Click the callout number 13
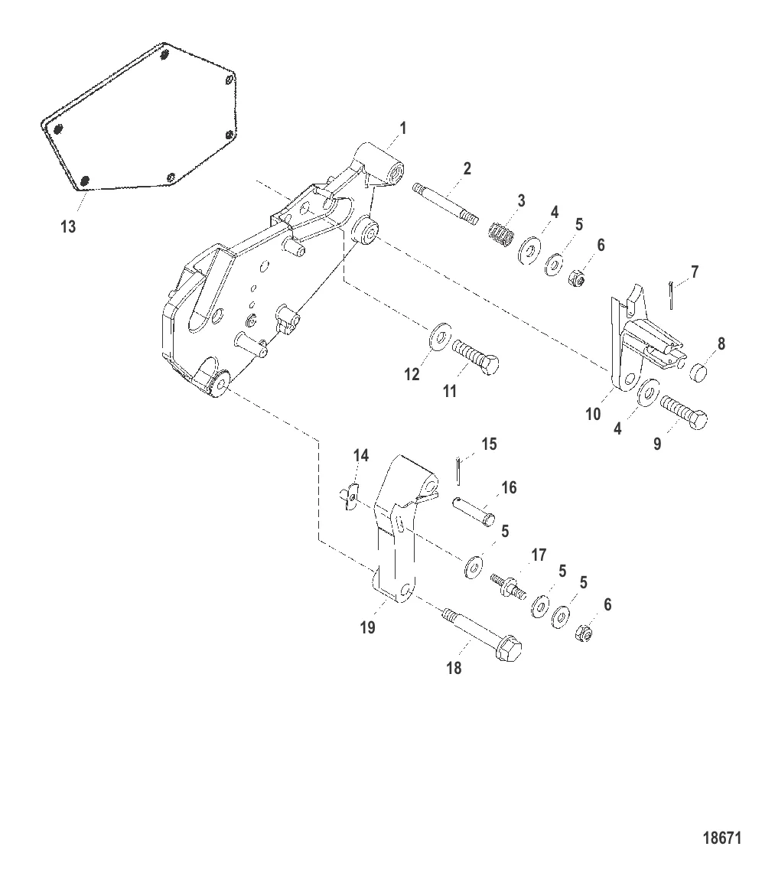tap(68, 227)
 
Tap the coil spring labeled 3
tap(501, 234)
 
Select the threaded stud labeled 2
tap(445, 203)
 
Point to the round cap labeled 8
tap(696, 371)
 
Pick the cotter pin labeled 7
tap(671, 295)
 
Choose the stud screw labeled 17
tap(508, 586)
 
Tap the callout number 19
tap(367, 627)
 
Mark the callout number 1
tap(402, 129)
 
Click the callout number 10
tap(593, 415)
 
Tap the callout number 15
tap(490, 444)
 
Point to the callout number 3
tap(521, 200)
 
